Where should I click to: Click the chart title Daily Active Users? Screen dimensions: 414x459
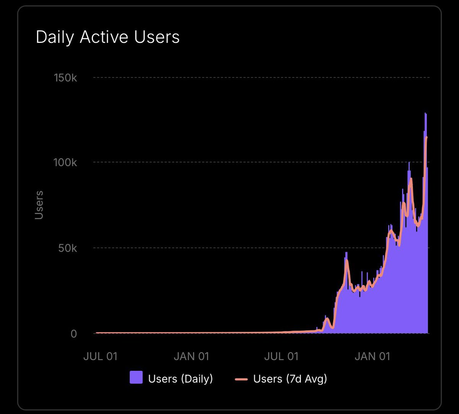(107, 37)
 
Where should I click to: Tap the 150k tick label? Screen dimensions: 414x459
(65, 78)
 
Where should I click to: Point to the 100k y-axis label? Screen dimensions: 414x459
(65, 162)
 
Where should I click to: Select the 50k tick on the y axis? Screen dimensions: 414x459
(68, 248)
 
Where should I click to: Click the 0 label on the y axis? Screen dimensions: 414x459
(73, 334)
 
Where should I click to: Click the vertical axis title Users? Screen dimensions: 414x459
(39, 205)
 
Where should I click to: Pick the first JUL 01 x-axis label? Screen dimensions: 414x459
(101, 356)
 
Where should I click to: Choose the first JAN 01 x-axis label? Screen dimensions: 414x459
(191, 356)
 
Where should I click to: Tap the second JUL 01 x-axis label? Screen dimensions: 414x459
(282, 356)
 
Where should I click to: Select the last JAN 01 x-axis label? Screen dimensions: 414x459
(372, 356)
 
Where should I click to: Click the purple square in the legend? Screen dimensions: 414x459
(136, 377)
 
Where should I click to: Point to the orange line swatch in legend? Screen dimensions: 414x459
(241, 379)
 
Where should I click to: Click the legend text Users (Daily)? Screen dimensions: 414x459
(181, 379)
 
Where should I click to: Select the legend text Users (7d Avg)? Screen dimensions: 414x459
(290, 379)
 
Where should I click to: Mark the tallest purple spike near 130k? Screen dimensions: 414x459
(425, 114)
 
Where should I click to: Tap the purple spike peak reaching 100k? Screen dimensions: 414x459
(409, 162)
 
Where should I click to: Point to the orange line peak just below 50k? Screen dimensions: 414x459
(347, 261)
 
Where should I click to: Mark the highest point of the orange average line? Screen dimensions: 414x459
(426, 137)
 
